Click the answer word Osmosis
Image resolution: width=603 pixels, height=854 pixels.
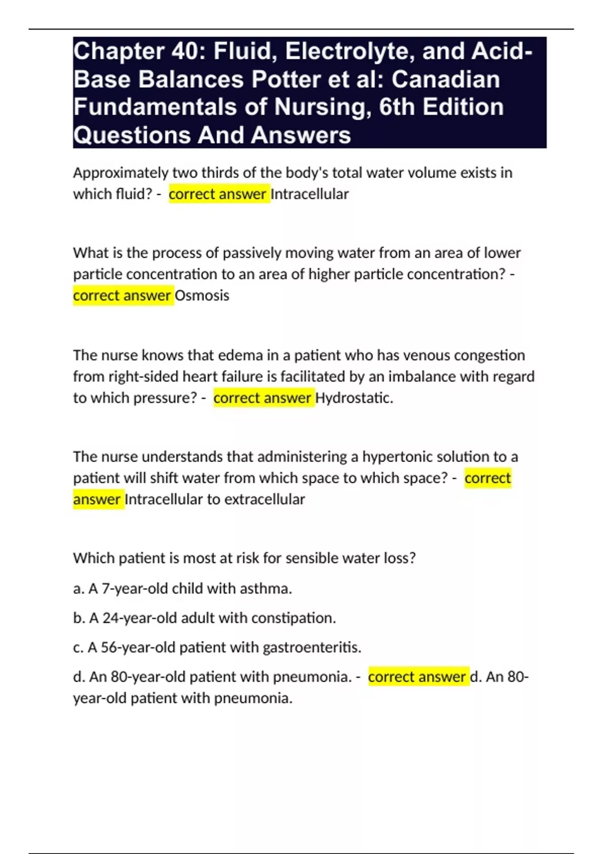click(202, 295)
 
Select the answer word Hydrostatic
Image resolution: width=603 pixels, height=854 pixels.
click(353, 398)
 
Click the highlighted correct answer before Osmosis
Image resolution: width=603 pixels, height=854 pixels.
click(122, 295)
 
